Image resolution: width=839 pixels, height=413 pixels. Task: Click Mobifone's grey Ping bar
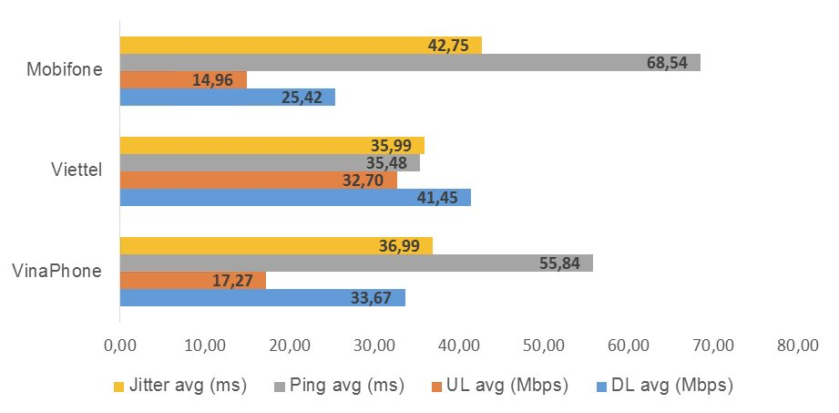pyautogui.click(x=410, y=62)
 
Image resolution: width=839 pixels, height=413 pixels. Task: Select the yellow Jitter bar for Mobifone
pyautogui.click(x=301, y=45)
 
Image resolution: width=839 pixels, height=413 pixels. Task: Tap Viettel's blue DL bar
pyautogui.click(x=295, y=197)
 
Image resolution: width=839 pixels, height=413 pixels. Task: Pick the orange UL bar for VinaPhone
pyautogui.click(x=192, y=280)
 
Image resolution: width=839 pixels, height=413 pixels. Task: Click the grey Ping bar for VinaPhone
pyautogui.click(x=356, y=263)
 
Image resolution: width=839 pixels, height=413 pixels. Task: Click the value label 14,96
pyautogui.click(x=214, y=80)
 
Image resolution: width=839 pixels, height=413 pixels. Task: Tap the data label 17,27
pyautogui.click(x=233, y=280)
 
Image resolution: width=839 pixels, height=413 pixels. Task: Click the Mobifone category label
pyautogui.click(x=64, y=70)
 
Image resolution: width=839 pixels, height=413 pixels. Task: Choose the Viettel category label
pyautogui.click(x=77, y=170)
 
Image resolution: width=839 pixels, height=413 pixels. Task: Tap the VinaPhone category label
pyautogui.click(x=57, y=271)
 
